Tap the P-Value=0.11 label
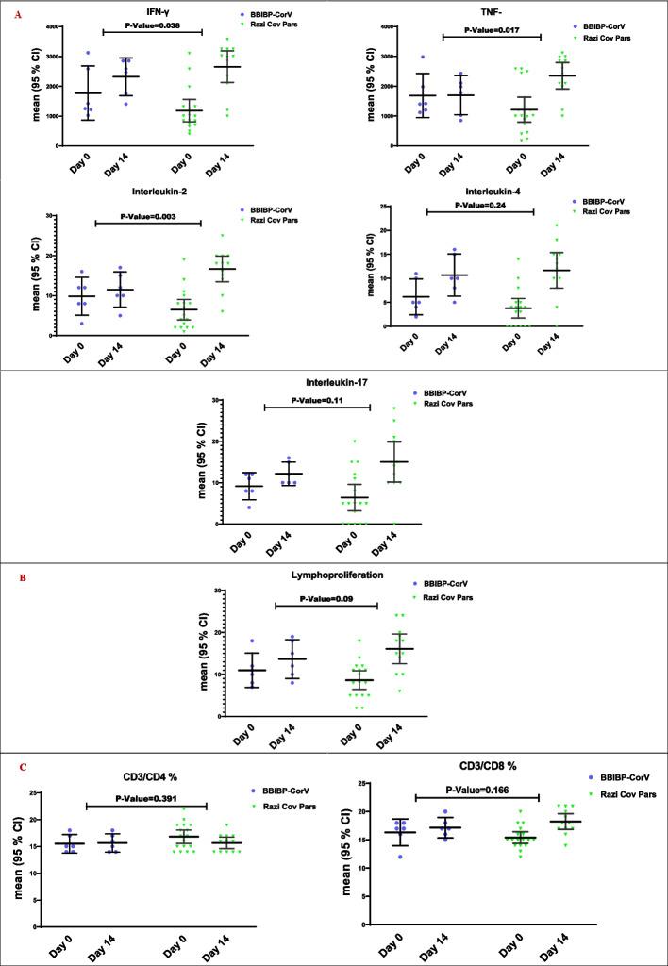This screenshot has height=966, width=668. [x=317, y=401]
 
